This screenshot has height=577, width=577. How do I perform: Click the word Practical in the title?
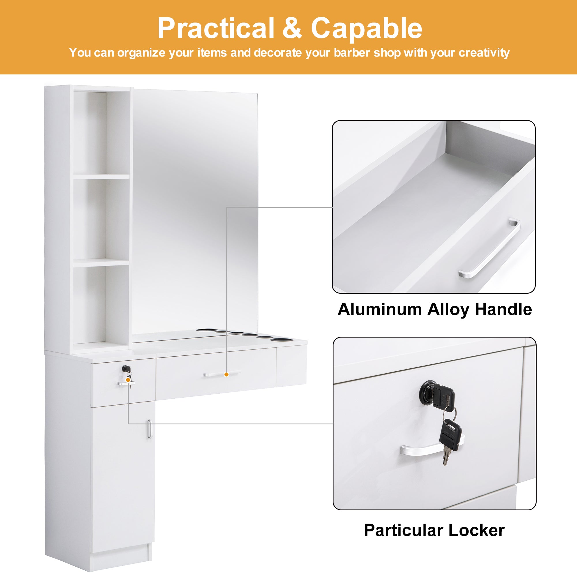[216, 28]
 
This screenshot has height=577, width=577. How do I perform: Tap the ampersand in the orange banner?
[292, 28]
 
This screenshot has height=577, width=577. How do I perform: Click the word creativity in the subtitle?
[484, 53]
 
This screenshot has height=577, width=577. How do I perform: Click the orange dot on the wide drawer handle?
[226, 374]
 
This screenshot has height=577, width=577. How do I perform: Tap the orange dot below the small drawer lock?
[128, 380]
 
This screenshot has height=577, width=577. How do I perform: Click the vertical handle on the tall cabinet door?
[149, 429]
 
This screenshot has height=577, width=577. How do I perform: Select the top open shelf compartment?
[102, 133]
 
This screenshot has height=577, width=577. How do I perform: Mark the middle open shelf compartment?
[102, 220]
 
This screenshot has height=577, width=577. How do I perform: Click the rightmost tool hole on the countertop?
[281, 340]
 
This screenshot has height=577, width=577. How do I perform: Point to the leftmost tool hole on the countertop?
[205, 330]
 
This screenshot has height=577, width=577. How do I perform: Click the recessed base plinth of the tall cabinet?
[121, 561]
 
